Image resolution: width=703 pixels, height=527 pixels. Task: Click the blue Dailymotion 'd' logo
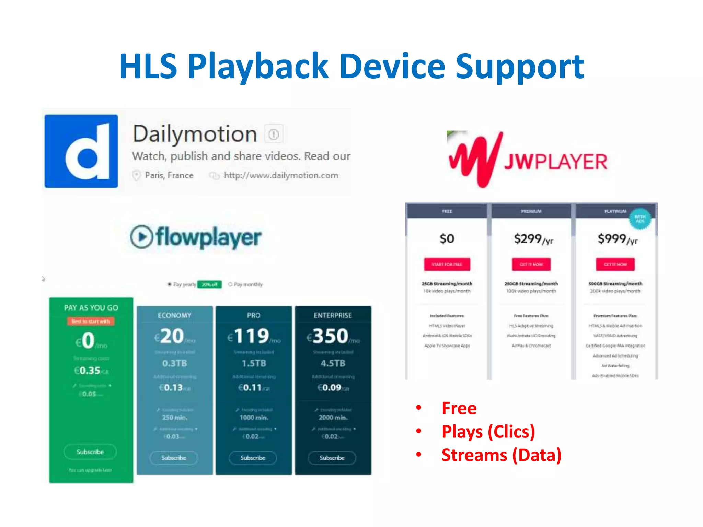(x=81, y=151)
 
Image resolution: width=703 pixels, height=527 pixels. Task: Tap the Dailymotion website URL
(x=280, y=175)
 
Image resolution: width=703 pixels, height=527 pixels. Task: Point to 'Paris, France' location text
(x=169, y=175)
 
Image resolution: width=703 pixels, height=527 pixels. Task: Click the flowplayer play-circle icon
(x=141, y=237)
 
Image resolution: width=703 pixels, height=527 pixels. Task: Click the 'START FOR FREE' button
(x=447, y=264)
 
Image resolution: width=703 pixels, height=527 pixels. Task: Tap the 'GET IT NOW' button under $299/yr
(x=531, y=264)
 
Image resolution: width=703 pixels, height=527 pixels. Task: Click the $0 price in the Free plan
(x=447, y=238)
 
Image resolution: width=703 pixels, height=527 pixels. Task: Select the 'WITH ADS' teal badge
(x=640, y=219)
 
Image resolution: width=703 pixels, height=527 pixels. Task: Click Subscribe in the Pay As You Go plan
(x=90, y=452)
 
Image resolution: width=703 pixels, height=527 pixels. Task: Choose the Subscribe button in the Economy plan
(x=174, y=458)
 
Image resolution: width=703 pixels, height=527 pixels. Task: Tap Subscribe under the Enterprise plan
(x=332, y=458)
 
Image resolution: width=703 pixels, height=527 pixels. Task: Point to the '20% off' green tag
(x=209, y=284)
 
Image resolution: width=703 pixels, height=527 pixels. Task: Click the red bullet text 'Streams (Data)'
(x=501, y=455)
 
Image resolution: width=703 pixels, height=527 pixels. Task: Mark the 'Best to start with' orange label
(x=91, y=321)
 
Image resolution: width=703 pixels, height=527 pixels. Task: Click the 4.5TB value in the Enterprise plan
(x=333, y=363)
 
